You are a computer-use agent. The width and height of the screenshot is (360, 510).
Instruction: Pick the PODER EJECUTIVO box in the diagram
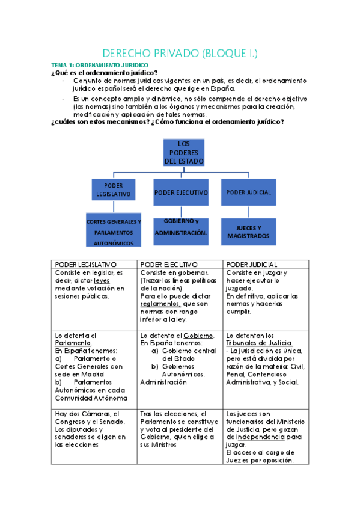pyautogui.click(x=181, y=192)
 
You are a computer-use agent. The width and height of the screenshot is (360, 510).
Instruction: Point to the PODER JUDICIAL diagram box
pyautogui.click(x=248, y=192)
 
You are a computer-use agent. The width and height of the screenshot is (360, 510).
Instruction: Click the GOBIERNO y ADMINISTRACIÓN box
pyautogui.click(x=181, y=227)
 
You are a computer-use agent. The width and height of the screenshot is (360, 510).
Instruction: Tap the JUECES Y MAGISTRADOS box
pyautogui.click(x=248, y=232)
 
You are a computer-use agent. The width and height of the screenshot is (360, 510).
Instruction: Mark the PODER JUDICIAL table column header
pyautogui.click(x=252, y=264)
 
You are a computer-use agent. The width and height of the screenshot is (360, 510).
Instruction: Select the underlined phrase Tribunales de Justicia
pyautogui.click(x=258, y=343)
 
